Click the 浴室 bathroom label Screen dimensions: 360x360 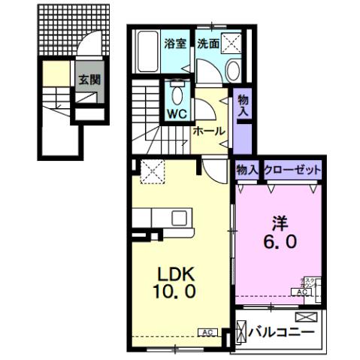[x=174, y=44]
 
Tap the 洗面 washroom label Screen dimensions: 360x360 [x=208, y=44]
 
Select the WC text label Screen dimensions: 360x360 [x=177, y=115]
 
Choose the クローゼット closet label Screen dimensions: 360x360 [x=292, y=171]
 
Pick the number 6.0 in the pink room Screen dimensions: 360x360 [x=279, y=243]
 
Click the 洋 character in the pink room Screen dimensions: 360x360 [x=279, y=223]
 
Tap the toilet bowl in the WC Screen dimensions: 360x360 [x=177, y=95]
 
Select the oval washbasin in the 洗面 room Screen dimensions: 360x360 [x=232, y=72]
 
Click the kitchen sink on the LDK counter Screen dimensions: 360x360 [x=180, y=219]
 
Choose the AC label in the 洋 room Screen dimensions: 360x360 [x=302, y=292]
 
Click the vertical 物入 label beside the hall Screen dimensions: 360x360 [x=242, y=105]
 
